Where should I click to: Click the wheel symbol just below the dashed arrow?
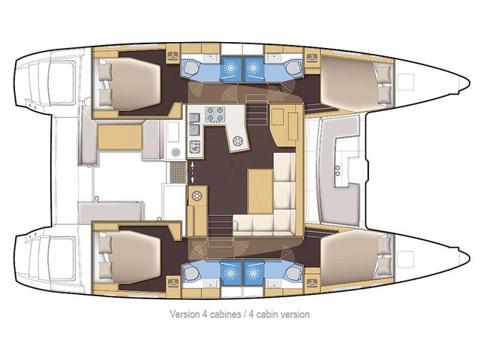pos(199,196)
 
